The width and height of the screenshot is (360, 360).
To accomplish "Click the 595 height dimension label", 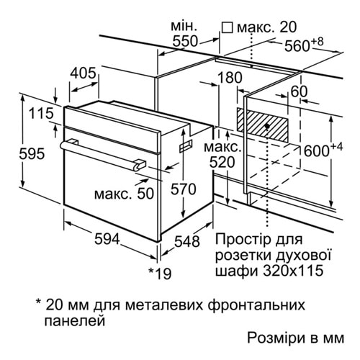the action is [32, 153].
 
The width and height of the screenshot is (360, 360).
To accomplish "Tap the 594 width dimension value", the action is [107, 239].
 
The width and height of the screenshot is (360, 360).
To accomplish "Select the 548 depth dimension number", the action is [187, 241].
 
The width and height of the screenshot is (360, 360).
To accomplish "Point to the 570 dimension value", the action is [184, 189].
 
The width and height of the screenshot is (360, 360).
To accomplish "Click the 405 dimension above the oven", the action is [83, 73].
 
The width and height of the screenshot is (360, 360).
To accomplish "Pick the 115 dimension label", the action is [41, 113].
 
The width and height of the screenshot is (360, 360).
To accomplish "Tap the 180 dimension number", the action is [230, 78].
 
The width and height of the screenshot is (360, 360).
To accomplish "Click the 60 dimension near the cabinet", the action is [299, 91].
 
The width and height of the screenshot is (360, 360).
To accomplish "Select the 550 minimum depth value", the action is [185, 41].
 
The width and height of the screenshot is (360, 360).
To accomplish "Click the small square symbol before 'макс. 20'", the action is [227, 28].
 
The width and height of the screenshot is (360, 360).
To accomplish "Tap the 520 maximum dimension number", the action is [222, 162].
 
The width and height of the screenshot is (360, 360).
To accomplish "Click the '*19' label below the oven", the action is [160, 273].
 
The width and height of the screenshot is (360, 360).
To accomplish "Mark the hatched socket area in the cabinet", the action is [262, 125].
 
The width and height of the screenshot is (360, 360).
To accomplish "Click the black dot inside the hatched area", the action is [267, 126].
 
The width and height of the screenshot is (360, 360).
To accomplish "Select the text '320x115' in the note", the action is [293, 271].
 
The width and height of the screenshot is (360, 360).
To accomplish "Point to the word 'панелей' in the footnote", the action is [75, 320].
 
